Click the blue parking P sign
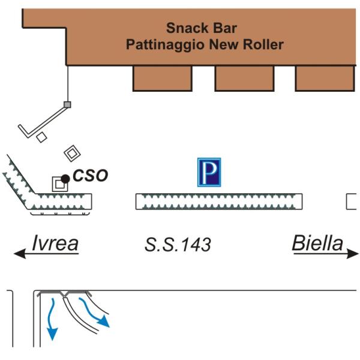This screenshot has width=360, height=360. (209, 172)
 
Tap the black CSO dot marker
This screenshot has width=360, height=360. (65, 179)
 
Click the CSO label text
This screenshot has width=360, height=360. (90, 176)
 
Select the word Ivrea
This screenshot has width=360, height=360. (56, 244)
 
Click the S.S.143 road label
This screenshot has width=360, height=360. (178, 245)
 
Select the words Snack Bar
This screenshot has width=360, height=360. (202, 28)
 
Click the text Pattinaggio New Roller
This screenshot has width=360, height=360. (205, 44)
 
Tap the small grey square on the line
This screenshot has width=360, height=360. (68, 105)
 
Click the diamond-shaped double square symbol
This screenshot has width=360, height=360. (72, 152)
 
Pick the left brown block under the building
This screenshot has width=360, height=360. (162, 78)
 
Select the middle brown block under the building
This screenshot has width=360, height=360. (244, 78)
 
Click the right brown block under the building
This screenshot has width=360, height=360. (325, 78)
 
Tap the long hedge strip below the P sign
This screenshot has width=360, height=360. (218, 202)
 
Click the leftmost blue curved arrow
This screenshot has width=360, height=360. (52, 318)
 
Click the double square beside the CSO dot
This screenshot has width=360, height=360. (59, 184)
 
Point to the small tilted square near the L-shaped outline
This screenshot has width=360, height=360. (41, 137)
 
